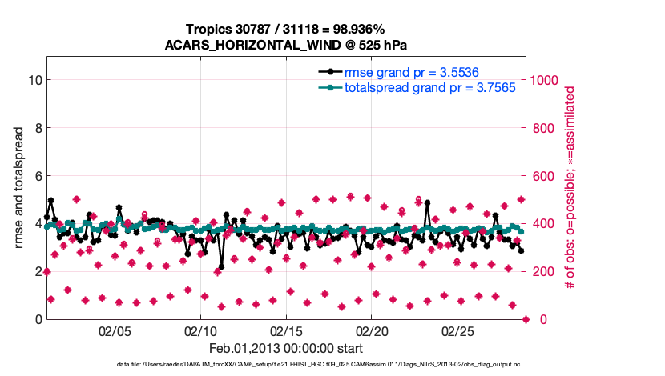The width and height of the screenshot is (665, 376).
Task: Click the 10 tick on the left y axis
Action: [x=34, y=80]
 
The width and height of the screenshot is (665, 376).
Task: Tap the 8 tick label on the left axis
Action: [x=38, y=128]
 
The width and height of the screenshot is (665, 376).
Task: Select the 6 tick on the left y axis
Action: [x=38, y=176]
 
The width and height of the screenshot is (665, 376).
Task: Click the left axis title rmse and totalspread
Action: [x=19, y=188]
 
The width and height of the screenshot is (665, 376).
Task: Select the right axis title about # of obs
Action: [x=570, y=187]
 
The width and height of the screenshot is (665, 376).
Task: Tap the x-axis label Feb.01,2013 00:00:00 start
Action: [x=286, y=349]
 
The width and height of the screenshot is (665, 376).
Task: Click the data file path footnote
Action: [x=331, y=365]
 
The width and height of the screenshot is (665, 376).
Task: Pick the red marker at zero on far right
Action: [x=526, y=319]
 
